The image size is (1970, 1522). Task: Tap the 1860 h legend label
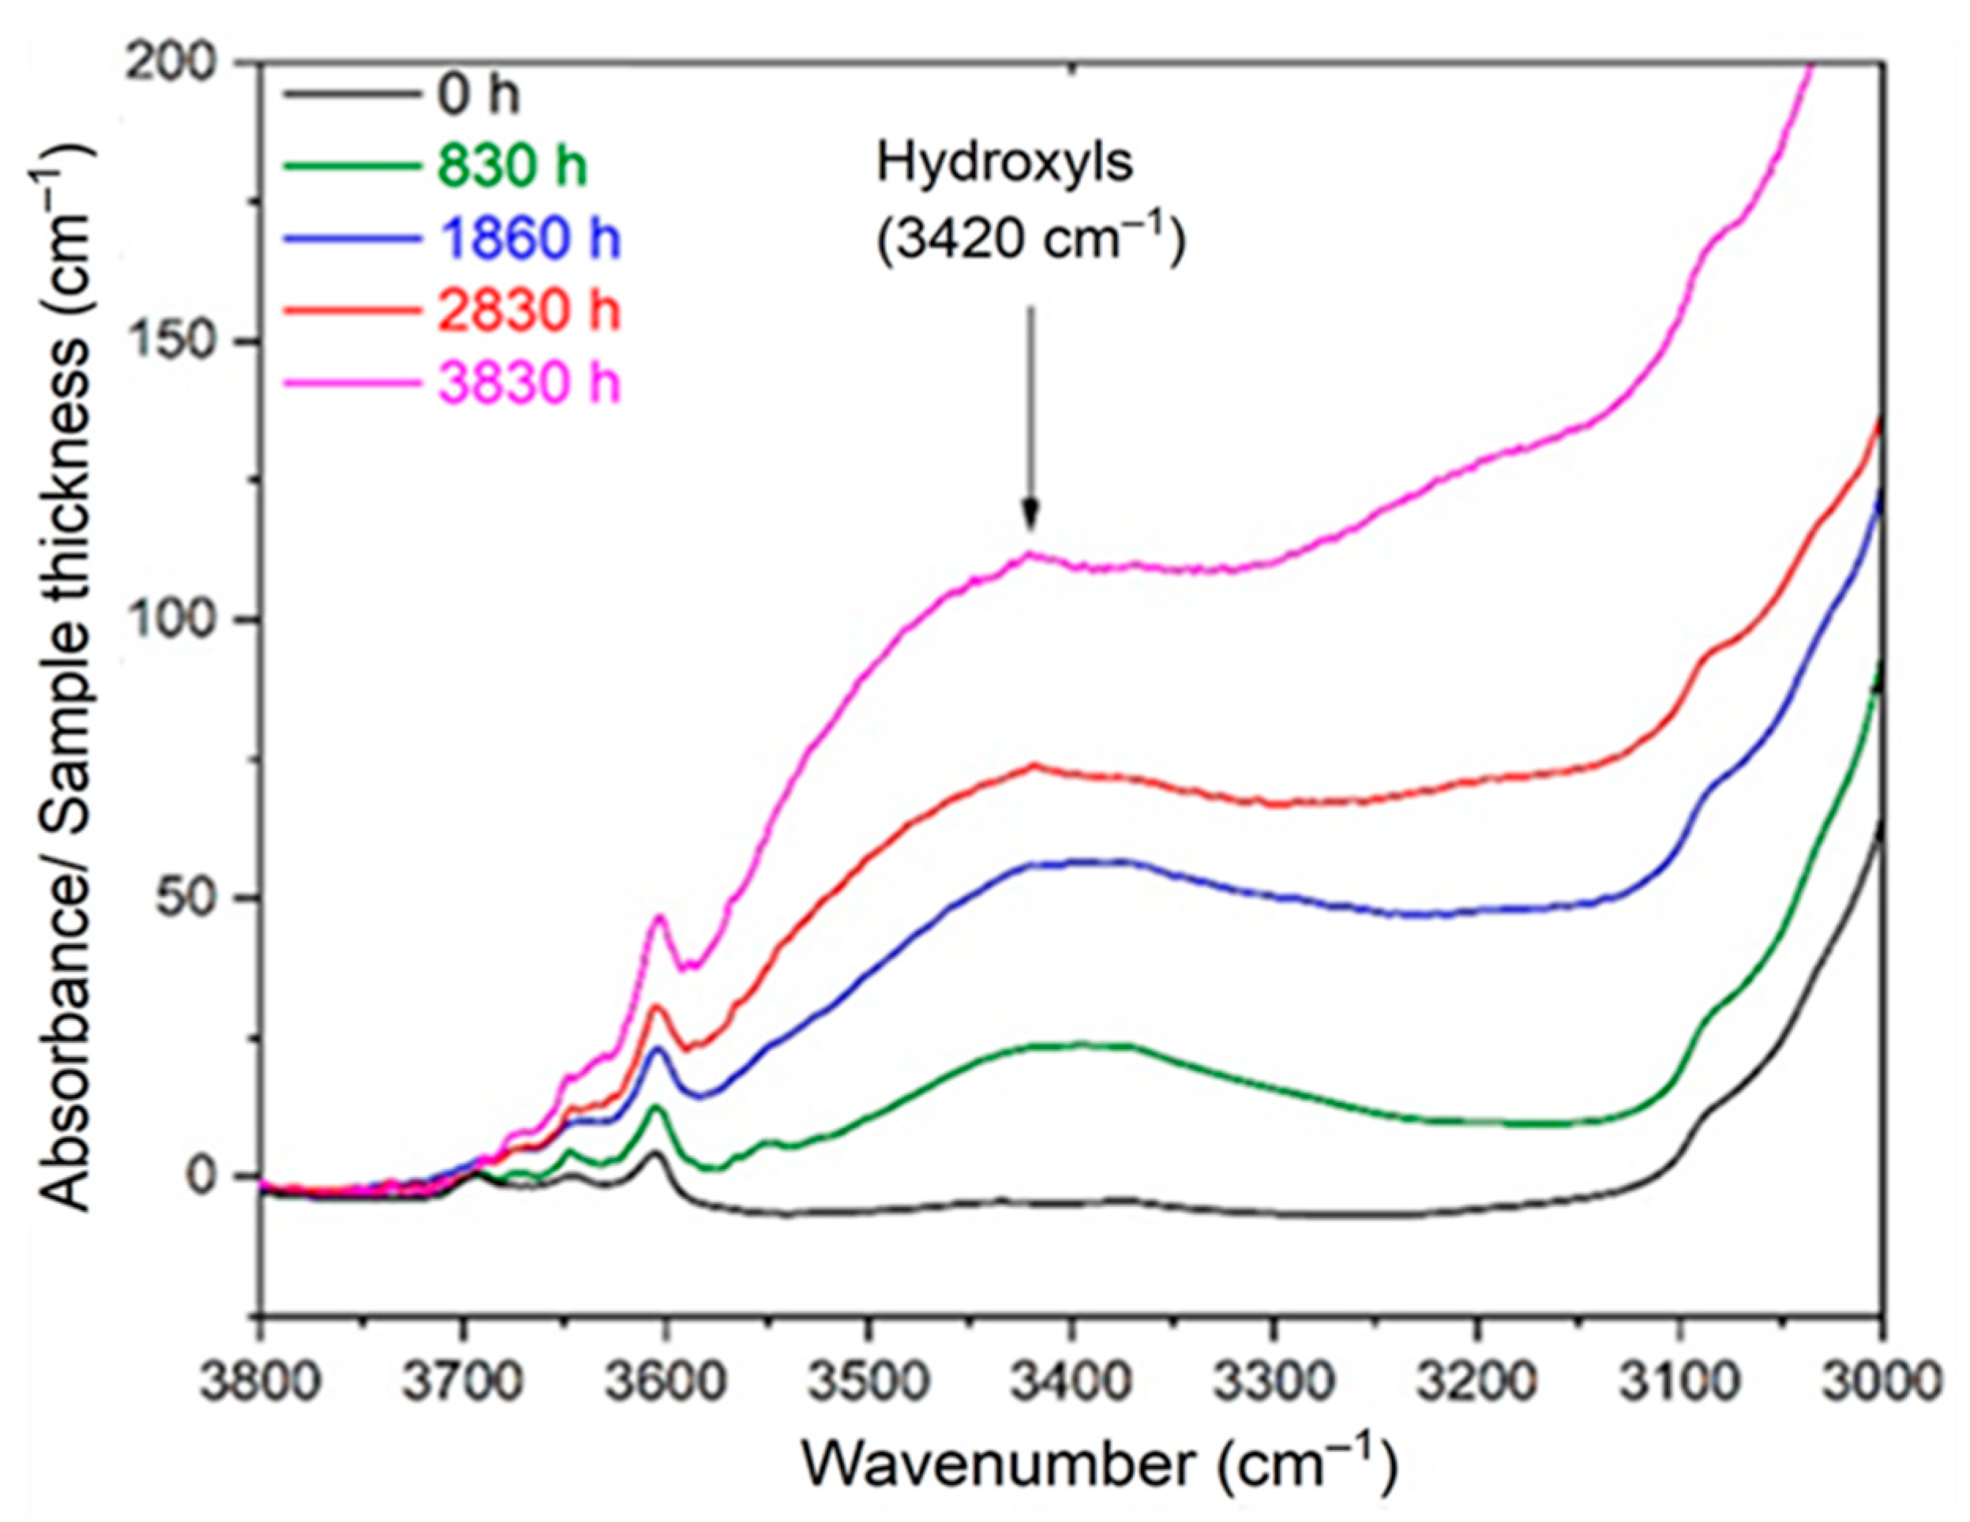530,240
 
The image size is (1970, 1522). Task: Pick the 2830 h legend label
530,312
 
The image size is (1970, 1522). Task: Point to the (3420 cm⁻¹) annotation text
1030,241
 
